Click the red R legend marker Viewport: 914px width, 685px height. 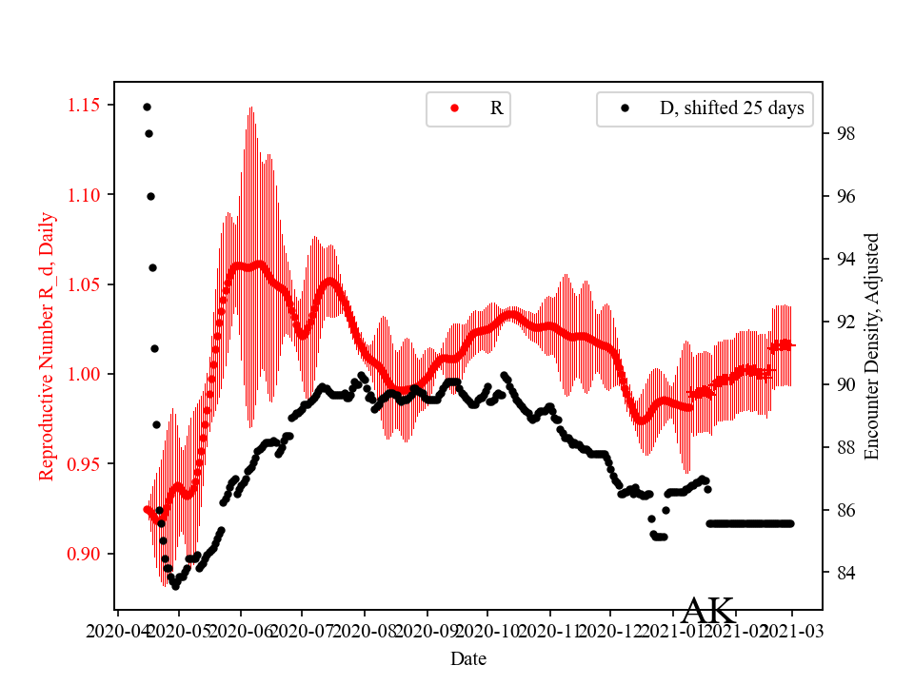(454, 108)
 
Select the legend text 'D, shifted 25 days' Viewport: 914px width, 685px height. (731, 108)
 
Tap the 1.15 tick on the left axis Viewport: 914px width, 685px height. (86, 105)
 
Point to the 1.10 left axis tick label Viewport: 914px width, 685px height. (86, 195)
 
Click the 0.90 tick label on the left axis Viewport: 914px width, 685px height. (86, 554)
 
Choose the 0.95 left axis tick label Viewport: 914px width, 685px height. (86, 464)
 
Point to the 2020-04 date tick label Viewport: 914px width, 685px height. (116, 631)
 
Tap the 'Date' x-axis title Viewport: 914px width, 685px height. (469, 658)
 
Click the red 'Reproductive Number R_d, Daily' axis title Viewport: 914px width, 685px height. (47, 346)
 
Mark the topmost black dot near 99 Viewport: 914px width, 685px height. (147, 107)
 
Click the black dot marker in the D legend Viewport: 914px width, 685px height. (625, 108)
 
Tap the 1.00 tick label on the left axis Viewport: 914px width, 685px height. (86, 374)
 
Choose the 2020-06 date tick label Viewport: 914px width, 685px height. (240, 631)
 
